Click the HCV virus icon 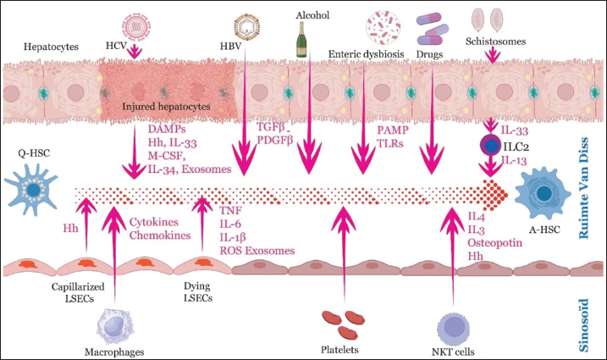(x=133, y=25)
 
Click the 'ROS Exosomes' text (x=257, y=250)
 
